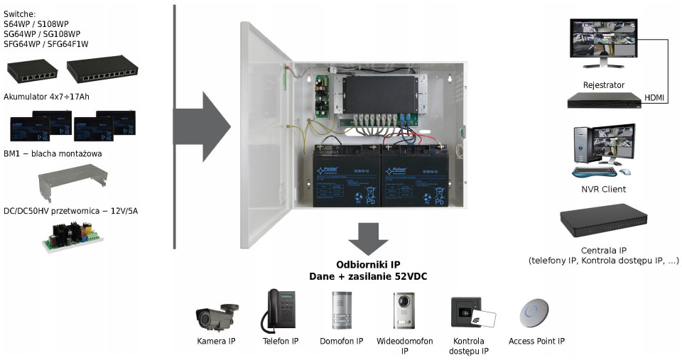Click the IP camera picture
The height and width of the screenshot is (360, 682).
click(215, 314)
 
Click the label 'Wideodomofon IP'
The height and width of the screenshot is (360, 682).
click(404, 346)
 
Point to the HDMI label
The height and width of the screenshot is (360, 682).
click(654, 98)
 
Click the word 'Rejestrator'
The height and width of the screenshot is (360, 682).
click(603, 85)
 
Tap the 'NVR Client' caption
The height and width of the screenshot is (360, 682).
click(603, 189)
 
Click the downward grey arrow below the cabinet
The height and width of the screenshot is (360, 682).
click(368, 239)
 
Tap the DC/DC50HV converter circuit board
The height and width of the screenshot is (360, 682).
click(73, 236)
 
